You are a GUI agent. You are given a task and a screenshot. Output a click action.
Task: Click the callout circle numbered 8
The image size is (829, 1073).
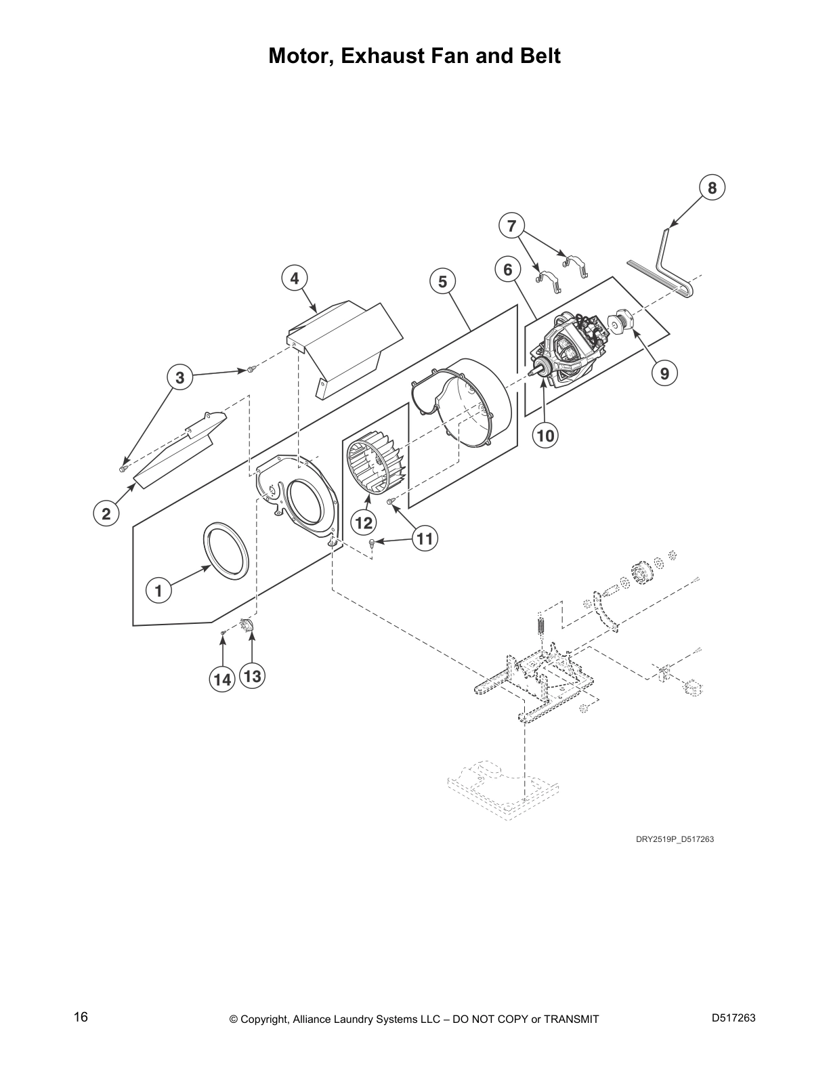pyautogui.click(x=712, y=188)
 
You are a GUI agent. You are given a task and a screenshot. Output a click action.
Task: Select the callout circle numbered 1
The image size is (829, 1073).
pyautogui.click(x=158, y=590)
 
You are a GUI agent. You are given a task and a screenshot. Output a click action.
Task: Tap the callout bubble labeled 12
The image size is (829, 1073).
pyautogui.click(x=364, y=522)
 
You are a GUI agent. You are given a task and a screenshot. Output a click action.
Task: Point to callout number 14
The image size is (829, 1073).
pyautogui.click(x=223, y=679)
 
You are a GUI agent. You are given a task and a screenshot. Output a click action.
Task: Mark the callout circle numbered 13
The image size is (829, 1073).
pyautogui.click(x=252, y=676)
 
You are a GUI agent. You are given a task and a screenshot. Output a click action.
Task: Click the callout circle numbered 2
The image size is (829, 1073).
pyautogui.click(x=106, y=513)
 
